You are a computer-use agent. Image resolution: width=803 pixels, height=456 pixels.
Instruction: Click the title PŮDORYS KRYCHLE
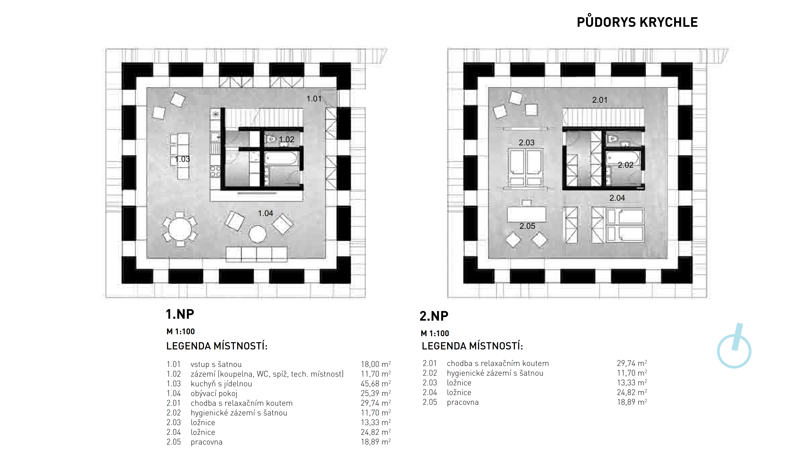click(x=637, y=22)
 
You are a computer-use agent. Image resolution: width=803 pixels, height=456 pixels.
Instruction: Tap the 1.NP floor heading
click(x=180, y=314)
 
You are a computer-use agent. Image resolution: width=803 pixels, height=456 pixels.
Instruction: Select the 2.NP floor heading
click(x=434, y=316)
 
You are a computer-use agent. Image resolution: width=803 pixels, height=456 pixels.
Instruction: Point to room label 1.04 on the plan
click(x=265, y=213)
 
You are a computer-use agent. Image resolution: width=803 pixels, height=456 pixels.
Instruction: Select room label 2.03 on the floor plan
click(x=527, y=142)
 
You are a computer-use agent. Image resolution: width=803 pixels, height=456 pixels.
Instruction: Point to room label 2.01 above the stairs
click(x=600, y=100)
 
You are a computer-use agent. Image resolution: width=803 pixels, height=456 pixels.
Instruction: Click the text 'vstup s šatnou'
click(x=216, y=364)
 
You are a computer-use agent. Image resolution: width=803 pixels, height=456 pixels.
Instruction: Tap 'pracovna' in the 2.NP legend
click(x=463, y=402)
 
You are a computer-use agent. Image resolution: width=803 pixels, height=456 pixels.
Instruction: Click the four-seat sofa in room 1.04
click(x=256, y=254)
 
